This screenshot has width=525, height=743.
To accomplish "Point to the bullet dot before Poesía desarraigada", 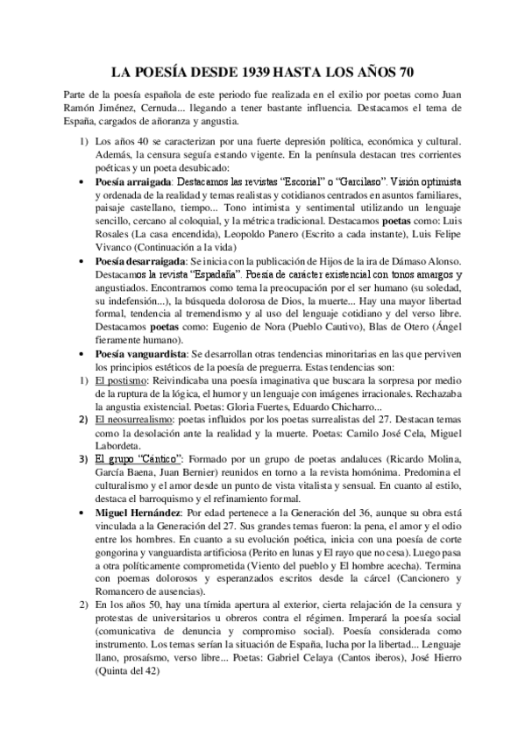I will (x=82, y=262).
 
